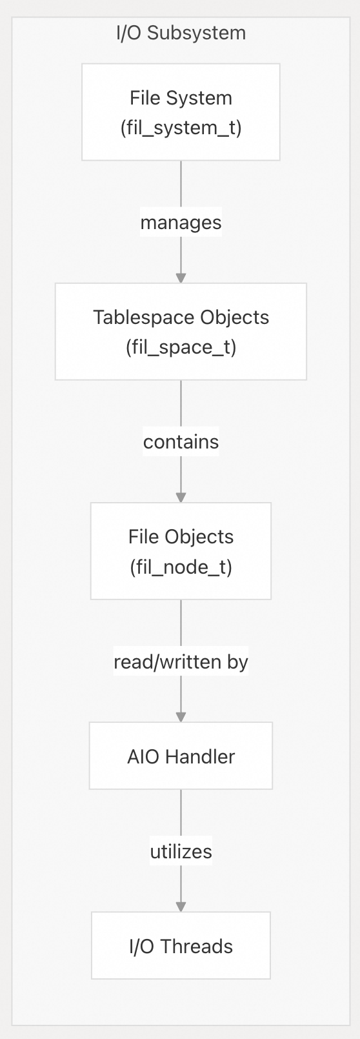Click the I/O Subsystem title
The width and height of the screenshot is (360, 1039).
(x=181, y=34)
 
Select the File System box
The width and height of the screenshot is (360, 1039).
(x=181, y=112)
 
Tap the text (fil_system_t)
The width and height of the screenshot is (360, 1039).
(x=181, y=128)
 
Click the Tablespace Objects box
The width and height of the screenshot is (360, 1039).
(x=181, y=332)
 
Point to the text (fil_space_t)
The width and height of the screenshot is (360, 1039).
(x=181, y=347)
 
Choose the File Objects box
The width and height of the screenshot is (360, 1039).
(x=181, y=551)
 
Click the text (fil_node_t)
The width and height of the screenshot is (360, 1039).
(x=181, y=567)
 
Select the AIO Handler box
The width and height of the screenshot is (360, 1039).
(x=181, y=756)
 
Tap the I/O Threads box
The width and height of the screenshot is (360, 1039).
(x=181, y=945)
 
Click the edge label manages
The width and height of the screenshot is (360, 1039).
(x=181, y=222)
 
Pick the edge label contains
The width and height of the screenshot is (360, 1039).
(x=181, y=441)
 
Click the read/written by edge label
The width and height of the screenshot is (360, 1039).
(x=181, y=661)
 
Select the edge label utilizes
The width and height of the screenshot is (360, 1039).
(x=181, y=851)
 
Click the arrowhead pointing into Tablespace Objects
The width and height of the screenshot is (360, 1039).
(x=181, y=278)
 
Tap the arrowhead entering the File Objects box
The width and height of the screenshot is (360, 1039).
(x=181, y=498)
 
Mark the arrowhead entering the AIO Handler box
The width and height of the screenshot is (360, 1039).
(x=181, y=717)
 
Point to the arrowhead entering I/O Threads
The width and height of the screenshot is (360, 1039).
(x=181, y=907)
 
